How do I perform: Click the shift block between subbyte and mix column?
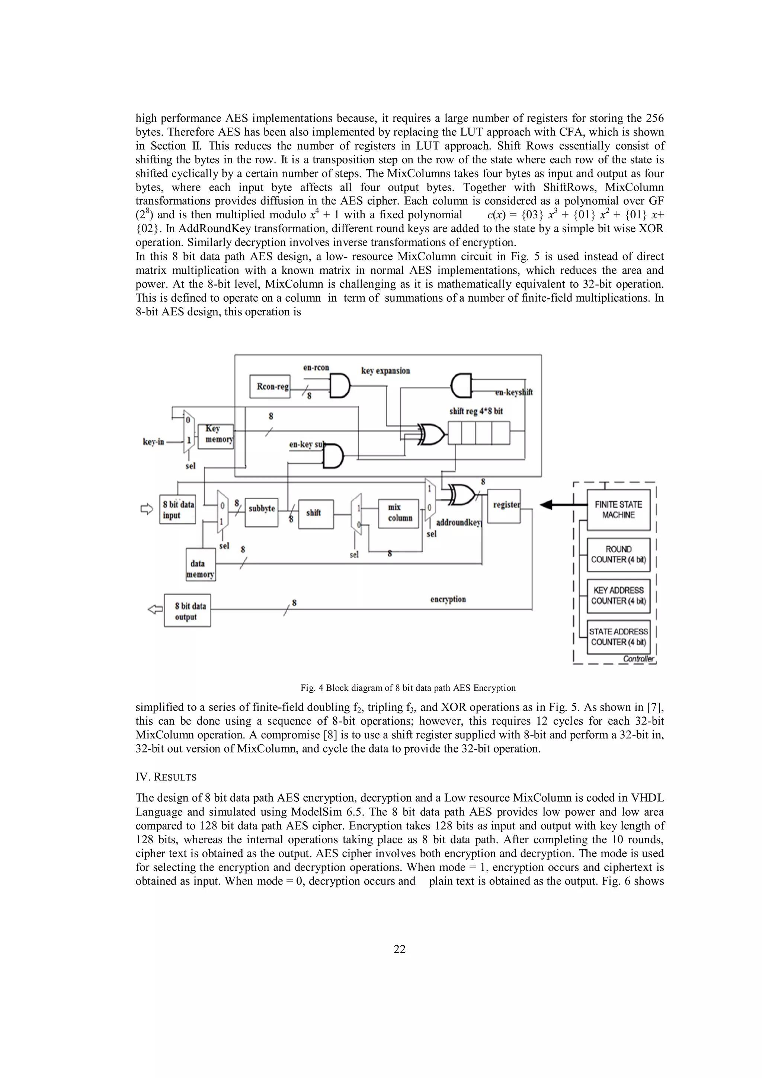point(316,514)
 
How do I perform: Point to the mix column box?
point(398,513)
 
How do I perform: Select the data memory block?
point(201,564)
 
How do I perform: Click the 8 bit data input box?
point(177,509)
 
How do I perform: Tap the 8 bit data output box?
point(187,610)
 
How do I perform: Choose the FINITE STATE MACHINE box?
point(618,509)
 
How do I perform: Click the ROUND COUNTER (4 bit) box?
point(618,555)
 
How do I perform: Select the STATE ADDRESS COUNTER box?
point(618,637)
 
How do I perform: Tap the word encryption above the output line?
point(448,599)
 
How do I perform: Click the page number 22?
point(400,949)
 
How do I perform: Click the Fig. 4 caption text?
point(407,688)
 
